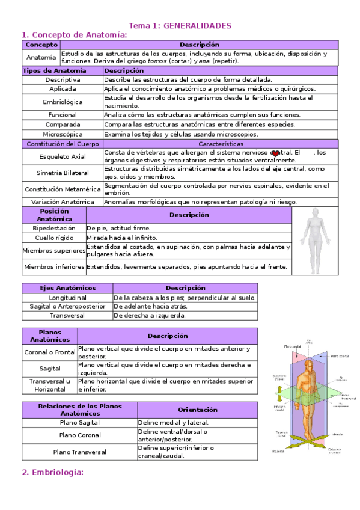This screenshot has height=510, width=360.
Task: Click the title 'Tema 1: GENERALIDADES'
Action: pyautogui.click(x=180, y=26)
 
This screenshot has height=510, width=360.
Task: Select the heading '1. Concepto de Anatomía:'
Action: pyautogui.click(x=75, y=35)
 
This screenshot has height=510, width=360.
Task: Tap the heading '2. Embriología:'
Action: pyautogui.click(x=52, y=473)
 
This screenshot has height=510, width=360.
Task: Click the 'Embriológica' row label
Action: pyautogui.click(x=63, y=102)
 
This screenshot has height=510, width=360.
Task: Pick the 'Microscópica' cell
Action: pyautogui.click(x=63, y=134)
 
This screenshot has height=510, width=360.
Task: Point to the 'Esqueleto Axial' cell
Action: pyautogui.click(x=63, y=156)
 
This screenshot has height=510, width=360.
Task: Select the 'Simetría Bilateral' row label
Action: pyautogui.click(x=63, y=173)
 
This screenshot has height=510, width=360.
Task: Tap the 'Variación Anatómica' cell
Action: pyautogui.click(x=63, y=202)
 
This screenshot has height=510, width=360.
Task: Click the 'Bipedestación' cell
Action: pyautogui.click(x=54, y=229)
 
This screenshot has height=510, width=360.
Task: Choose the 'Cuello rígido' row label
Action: pyautogui.click(x=54, y=238)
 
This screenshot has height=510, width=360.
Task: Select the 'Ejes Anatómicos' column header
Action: pyautogui.click(x=68, y=288)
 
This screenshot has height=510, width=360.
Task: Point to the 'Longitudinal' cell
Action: pyautogui.click(x=68, y=298)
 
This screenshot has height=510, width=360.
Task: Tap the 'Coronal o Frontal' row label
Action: pyautogui.click(x=50, y=352)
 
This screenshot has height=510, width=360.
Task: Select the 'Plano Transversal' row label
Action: pyautogui.click(x=80, y=452)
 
